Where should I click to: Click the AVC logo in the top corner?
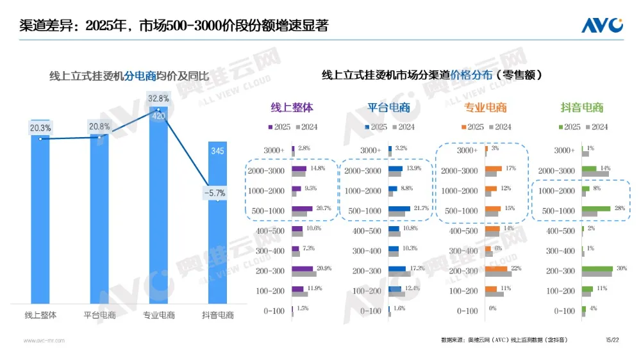click(x=601, y=25)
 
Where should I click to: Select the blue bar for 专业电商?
click(x=158, y=211)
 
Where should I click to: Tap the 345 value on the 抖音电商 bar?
click(x=218, y=151)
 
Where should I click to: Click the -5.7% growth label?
click(x=214, y=192)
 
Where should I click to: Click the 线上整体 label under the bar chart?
click(x=41, y=315)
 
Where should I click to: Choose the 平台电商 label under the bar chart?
click(x=100, y=315)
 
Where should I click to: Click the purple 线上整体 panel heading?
click(x=292, y=108)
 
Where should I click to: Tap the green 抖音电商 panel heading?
click(x=582, y=108)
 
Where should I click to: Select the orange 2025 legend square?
click(x=463, y=127)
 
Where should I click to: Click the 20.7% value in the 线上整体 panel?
click(x=324, y=209)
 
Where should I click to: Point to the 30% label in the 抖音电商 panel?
click(x=620, y=269)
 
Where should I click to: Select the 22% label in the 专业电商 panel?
click(x=516, y=269)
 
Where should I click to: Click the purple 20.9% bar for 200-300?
click(x=303, y=269)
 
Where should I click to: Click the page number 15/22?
click(x=612, y=339)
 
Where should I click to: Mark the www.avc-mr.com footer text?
click(x=44, y=341)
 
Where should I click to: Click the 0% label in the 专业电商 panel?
click(x=493, y=309)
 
